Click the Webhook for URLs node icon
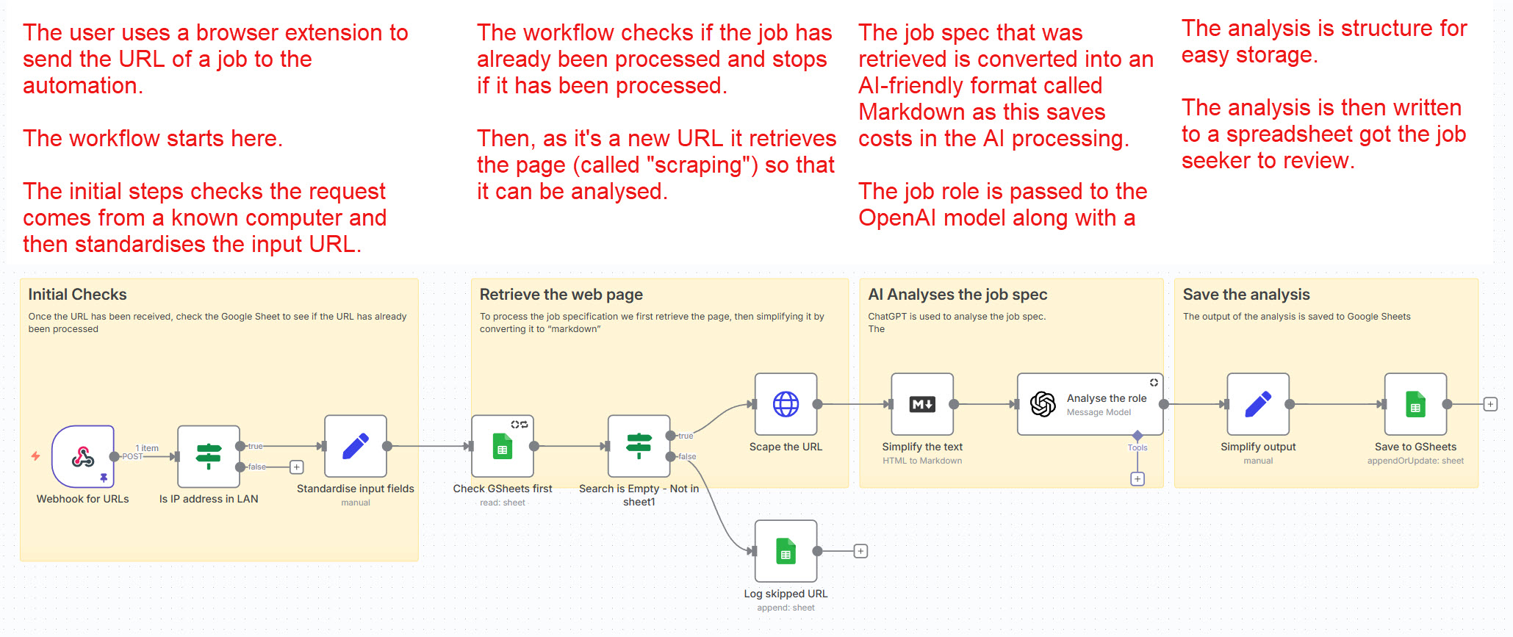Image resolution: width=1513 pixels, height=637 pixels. pos(82,457)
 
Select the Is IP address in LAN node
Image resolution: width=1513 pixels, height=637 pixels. pos(209,457)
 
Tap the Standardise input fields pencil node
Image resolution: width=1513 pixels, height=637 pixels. pos(356,446)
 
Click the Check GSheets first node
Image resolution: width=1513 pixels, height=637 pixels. pos(503,446)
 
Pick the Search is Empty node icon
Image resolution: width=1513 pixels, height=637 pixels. pos(639,446)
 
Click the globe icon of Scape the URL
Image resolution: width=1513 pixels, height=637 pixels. pos(786,404)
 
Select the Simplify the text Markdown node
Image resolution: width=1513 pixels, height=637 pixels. pos(922,404)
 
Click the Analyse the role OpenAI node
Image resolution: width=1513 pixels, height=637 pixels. pos(1090,404)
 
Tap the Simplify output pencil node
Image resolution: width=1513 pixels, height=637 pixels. pos(1258,404)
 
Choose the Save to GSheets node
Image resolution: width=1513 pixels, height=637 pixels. pos(1415,404)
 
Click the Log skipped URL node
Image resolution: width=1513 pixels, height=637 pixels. pos(786,551)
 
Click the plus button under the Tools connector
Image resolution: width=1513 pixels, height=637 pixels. pos(1138,479)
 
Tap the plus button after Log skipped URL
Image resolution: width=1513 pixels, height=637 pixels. pos(860,551)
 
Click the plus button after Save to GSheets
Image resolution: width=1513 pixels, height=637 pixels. pos(1490,404)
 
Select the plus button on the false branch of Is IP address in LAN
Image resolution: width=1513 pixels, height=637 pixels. pos(297,467)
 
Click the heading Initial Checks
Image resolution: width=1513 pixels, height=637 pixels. pos(77,295)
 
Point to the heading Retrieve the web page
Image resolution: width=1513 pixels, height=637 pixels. pos(561,295)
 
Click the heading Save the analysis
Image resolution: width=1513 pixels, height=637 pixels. pos(1246,295)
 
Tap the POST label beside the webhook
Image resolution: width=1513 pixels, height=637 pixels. pos(132,457)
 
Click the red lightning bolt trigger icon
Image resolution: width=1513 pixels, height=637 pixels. pos(35,456)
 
